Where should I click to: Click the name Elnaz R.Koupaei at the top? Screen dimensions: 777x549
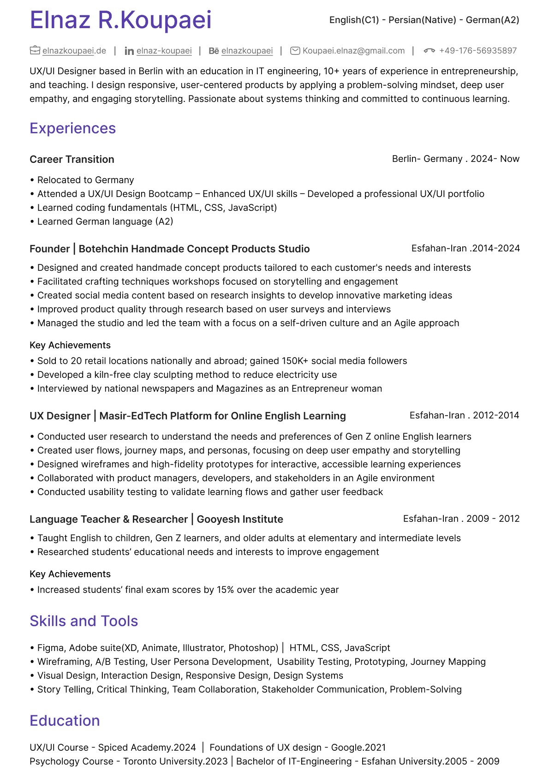[x=120, y=20]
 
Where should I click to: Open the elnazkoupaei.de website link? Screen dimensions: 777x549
[x=74, y=51]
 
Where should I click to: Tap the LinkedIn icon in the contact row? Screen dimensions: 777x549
[x=129, y=51]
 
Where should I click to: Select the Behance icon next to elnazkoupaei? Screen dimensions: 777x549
[x=214, y=51]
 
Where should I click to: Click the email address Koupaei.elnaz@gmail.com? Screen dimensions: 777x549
[x=353, y=51]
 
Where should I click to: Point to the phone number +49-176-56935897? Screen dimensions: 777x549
[x=477, y=51]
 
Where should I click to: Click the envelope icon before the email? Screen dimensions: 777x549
[x=295, y=51]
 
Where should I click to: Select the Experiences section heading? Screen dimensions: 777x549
[x=72, y=128]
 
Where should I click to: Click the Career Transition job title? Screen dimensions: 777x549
[x=72, y=159]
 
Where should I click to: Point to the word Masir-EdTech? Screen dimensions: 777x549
[x=133, y=416]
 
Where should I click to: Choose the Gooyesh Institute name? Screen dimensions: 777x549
[x=240, y=519]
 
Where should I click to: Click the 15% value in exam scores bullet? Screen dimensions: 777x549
[x=225, y=590]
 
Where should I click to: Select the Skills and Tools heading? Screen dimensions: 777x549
[x=84, y=621]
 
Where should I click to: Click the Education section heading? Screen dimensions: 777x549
[x=65, y=721]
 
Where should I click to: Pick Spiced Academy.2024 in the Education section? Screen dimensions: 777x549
[x=147, y=747]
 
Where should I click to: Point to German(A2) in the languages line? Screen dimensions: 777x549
[x=492, y=20]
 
